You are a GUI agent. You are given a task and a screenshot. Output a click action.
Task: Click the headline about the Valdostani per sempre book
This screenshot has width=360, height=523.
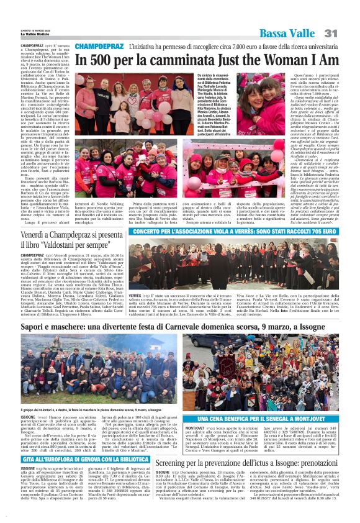pos(71,240)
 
